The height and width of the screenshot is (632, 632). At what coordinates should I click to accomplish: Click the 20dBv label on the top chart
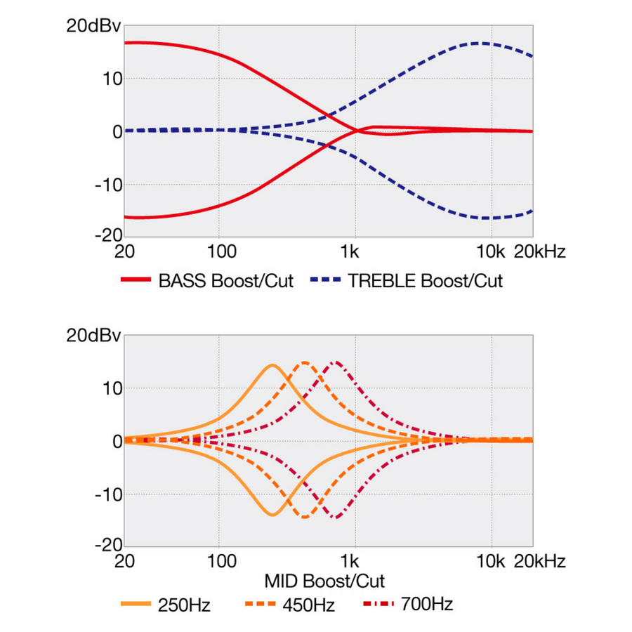94,26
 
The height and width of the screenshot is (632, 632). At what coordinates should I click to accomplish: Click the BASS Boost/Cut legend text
226,281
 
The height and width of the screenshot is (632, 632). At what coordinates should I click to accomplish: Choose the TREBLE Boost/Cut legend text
426,281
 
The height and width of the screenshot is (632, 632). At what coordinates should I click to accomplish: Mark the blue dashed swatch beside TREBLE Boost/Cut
324,281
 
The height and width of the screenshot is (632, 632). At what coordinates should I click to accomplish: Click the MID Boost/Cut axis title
324,581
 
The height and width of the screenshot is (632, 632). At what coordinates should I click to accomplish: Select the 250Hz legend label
184,604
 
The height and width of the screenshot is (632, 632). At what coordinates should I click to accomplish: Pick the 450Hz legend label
308,604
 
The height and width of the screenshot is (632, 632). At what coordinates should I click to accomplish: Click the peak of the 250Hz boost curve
272,365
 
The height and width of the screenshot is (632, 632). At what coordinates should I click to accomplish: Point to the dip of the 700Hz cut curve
336,518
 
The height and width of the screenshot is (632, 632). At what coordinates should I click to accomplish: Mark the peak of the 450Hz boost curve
305,363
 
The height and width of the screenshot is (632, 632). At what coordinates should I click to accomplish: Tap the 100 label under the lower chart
221,562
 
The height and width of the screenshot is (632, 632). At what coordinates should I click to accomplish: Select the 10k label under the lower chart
490,562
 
